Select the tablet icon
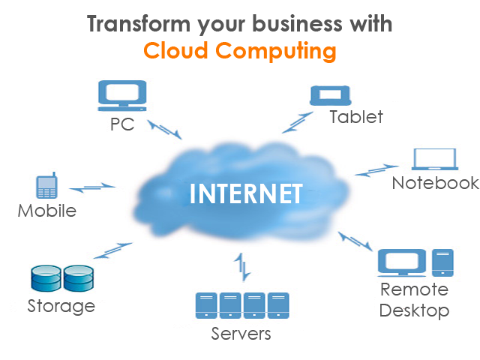[x=330, y=95]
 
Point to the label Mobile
[x=47, y=211]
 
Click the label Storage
[x=61, y=305]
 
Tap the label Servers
[x=241, y=332]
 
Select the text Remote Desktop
[x=414, y=300]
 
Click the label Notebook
[x=436, y=183]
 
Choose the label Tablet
[x=356, y=117]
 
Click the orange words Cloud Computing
[x=240, y=51]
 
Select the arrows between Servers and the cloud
[x=241, y=265]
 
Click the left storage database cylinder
[x=45, y=279]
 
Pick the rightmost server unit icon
[x=278, y=305]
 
